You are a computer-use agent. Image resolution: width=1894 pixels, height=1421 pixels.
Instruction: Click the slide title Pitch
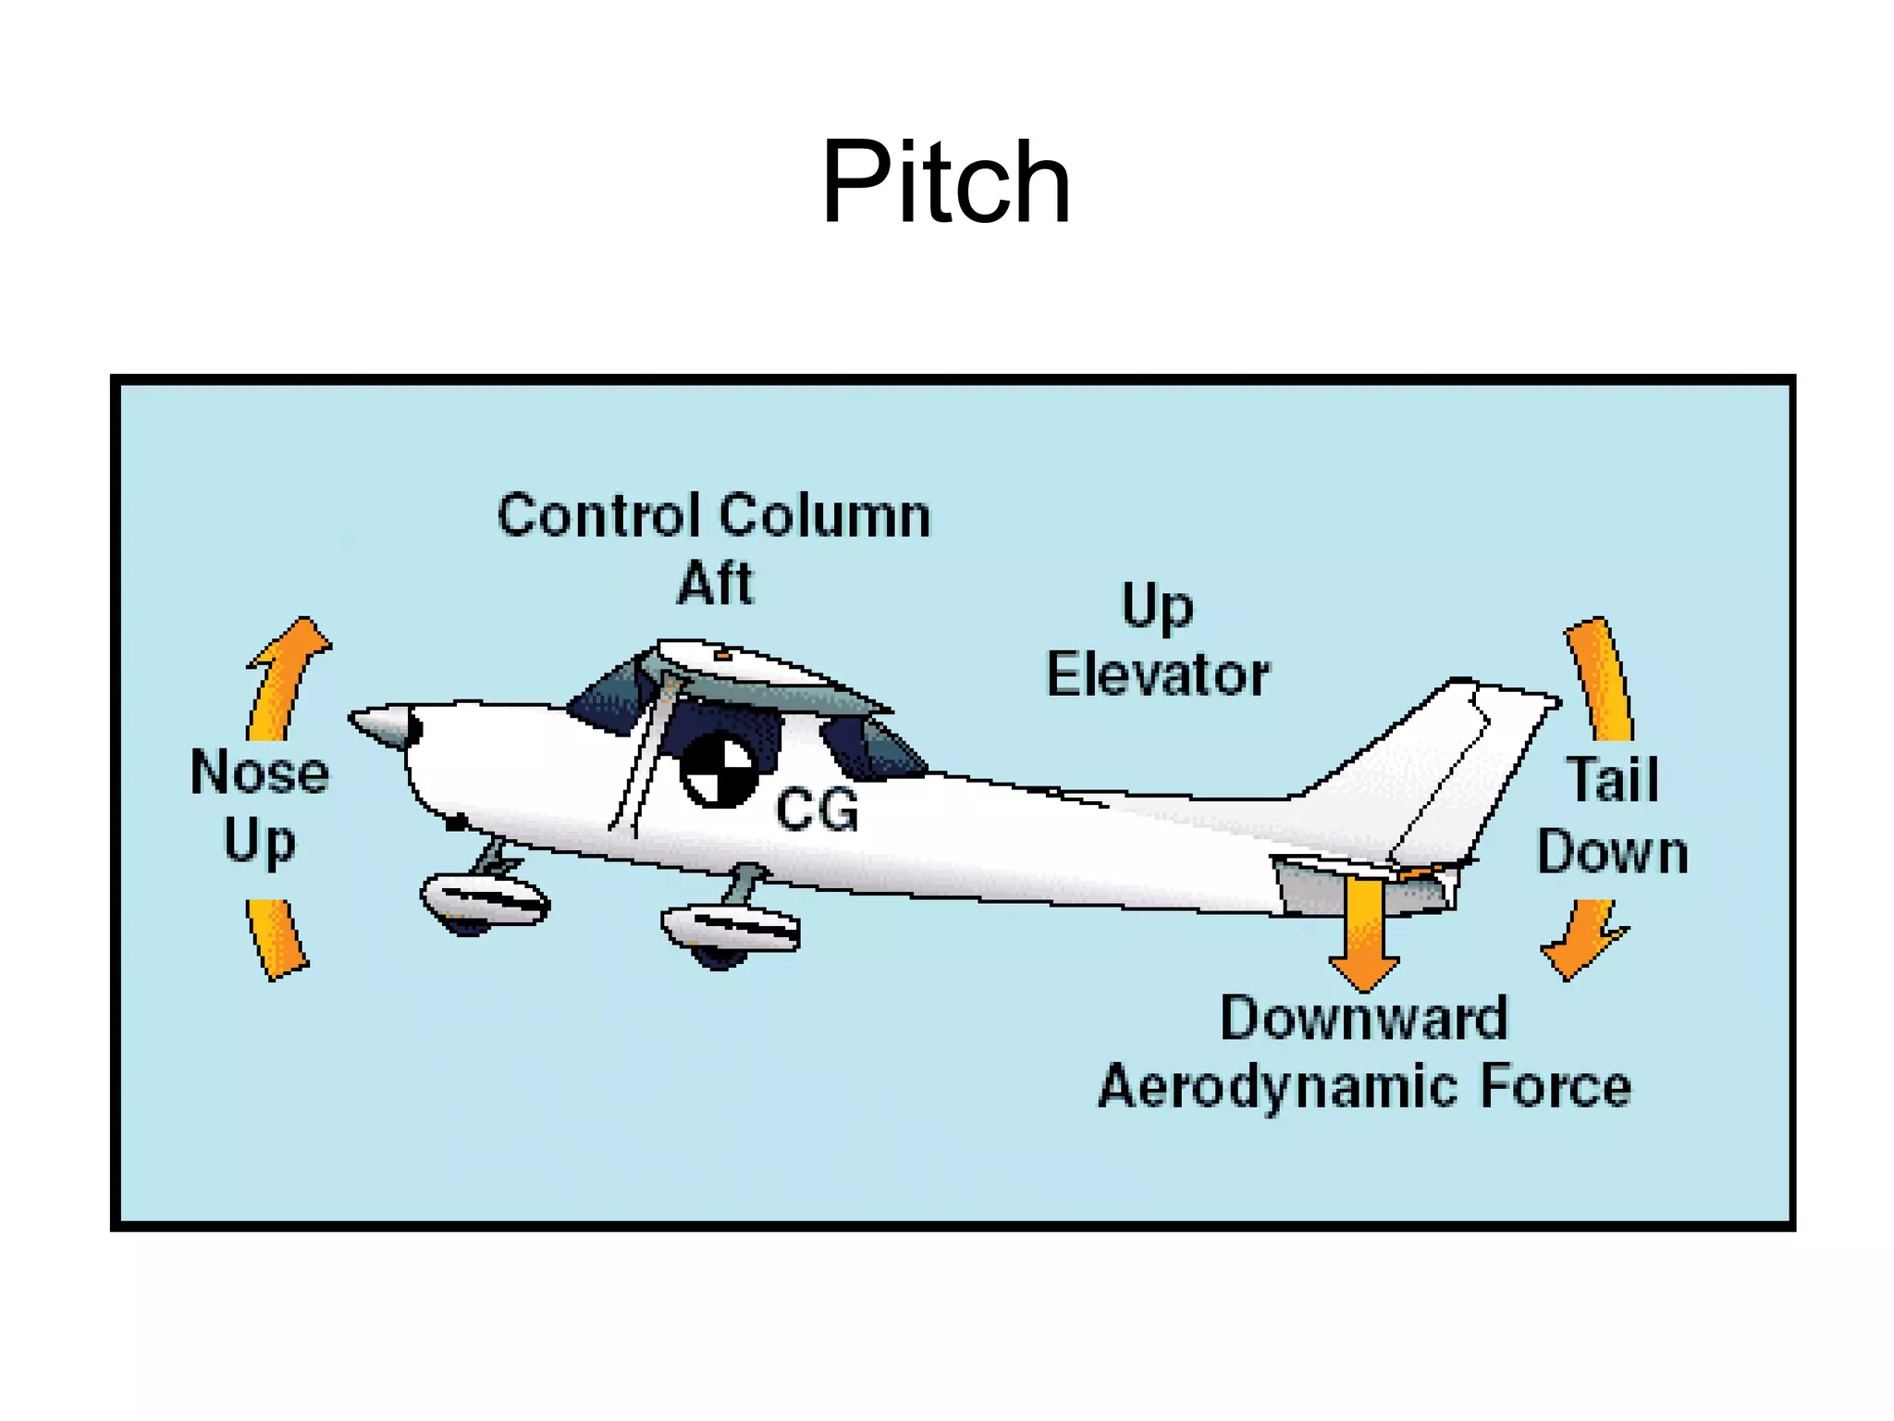click(945, 182)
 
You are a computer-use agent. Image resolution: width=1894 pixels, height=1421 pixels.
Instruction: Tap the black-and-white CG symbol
click(718, 769)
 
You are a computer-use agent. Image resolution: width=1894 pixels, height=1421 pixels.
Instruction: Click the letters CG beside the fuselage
click(817, 810)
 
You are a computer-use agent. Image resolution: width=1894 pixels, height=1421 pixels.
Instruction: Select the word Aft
click(715, 584)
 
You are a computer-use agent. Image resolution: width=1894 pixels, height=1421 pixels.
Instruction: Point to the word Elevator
click(1157, 674)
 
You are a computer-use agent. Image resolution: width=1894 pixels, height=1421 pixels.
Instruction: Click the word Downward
click(1363, 1019)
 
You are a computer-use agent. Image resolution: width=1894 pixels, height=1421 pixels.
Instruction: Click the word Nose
click(260, 772)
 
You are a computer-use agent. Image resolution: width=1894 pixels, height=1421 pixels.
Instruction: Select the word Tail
click(1612, 779)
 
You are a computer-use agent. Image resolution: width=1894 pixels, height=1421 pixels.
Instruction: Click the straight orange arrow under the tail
click(1363, 930)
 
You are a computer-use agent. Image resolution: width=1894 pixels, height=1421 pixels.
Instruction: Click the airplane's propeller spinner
click(382, 724)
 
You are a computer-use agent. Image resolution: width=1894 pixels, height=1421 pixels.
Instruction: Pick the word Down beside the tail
click(1612, 852)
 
